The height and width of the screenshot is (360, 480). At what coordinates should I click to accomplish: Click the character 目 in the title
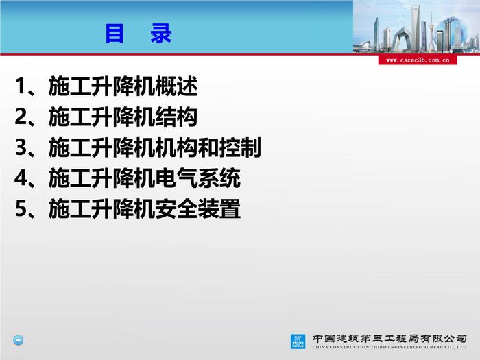(115, 34)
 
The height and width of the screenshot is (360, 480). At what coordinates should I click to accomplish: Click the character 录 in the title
(160, 34)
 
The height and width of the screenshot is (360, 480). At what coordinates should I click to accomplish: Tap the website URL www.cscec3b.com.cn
(418, 60)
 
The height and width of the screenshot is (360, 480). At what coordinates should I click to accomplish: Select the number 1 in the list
(20, 86)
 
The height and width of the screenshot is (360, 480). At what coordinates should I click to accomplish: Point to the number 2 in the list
(21, 117)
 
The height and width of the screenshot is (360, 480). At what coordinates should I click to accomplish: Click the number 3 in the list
(21, 147)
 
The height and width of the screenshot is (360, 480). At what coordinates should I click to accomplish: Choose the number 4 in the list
(21, 178)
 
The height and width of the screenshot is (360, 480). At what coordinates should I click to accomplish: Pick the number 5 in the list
(21, 208)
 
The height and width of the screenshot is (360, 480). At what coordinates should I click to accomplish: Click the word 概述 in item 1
(176, 86)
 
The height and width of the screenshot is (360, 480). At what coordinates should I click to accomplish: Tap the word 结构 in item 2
(176, 117)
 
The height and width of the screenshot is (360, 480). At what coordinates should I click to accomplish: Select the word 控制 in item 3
(240, 147)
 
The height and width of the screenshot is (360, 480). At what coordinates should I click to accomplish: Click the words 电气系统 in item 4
(197, 178)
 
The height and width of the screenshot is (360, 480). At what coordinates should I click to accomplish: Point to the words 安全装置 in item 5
(197, 208)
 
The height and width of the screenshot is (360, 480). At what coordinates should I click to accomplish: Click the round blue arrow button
(18, 340)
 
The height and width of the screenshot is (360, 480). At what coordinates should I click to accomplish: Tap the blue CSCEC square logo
(298, 341)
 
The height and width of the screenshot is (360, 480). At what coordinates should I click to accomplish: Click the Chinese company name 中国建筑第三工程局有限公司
(389, 339)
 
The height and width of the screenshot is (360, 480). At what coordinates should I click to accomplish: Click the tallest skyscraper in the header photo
(416, 27)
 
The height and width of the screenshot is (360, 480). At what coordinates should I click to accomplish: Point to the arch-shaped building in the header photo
(402, 39)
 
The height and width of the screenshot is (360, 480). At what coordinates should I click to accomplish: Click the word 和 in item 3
(208, 147)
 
